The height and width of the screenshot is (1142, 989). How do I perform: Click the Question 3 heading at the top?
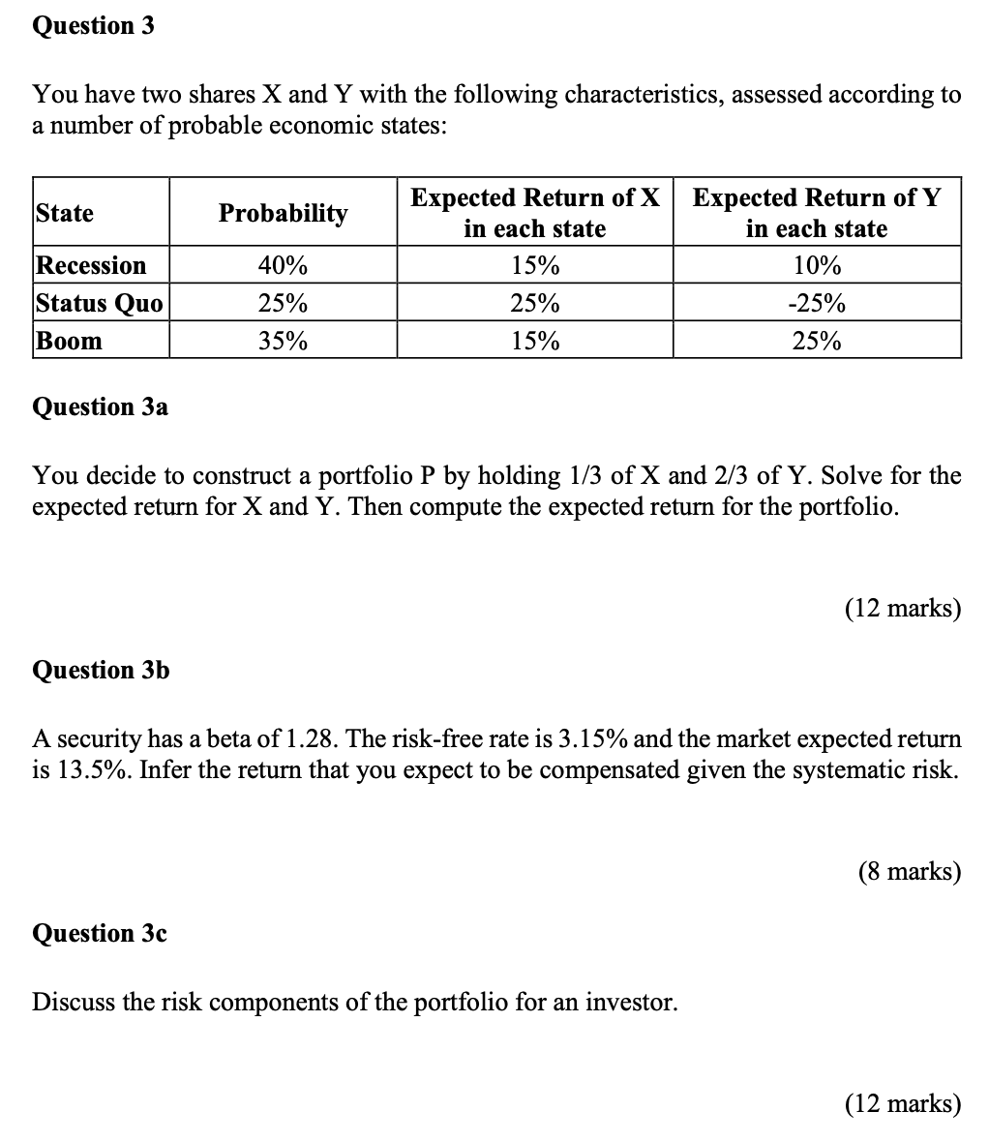pyautogui.click(x=93, y=26)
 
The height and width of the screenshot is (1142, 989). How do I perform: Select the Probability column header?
pyautogui.click(x=283, y=213)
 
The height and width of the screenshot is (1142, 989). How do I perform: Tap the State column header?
pyautogui.click(x=65, y=213)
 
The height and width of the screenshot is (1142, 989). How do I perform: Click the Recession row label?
pyautogui.click(x=91, y=265)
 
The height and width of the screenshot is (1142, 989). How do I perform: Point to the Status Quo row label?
pyautogui.click(x=99, y=303)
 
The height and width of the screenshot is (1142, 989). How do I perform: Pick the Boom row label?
pyautogui.click(x=69, y=341)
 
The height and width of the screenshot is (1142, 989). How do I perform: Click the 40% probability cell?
pyautogui.click(x=283, y=265)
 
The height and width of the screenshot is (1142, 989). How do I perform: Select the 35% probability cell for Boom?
pyautogui.click(x=283, y=341)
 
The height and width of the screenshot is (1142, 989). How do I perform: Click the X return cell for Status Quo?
pyautogui.click(x=534, y=303)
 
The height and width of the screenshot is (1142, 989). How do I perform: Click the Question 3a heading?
pyautogui.click(x=100, y=407)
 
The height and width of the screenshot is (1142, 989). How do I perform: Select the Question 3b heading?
pyautogui.click(x=101, y=670)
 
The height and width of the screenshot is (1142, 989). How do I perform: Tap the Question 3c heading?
pyautogui.click(x=100, y=933)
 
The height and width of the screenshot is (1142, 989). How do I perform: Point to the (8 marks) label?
pyautogui.click(x=909, y=872)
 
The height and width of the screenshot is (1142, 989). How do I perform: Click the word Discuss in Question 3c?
pyautogui.click(x=74, y=1003)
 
